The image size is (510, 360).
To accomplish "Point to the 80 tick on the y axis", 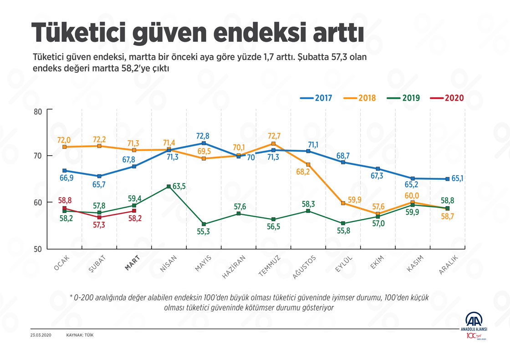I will click(37, 111).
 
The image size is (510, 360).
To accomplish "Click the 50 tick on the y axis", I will click(37, 249).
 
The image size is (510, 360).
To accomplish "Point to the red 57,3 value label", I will click(99, 225).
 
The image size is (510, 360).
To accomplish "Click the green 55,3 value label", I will click(204, 232).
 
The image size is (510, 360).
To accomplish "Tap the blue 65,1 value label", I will click(458, 179).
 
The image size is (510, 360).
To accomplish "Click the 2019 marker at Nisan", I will click(169, 187).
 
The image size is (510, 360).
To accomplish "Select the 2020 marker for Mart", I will click(134, 211).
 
